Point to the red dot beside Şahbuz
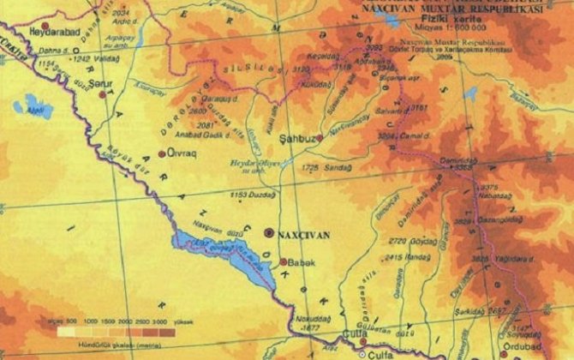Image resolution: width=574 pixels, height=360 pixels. (x=319, y=137)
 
